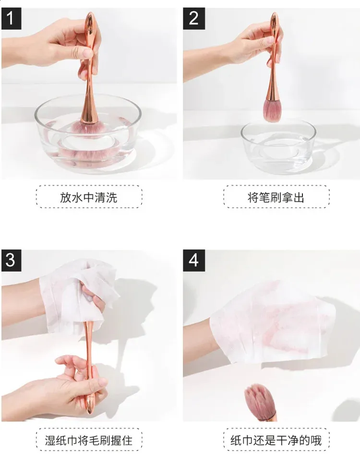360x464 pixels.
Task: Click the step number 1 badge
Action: [11, 18]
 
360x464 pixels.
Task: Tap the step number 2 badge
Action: [194, 18]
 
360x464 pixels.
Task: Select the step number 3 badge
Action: [11, 261]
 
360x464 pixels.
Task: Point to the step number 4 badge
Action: [194, 261]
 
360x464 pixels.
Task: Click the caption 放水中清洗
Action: [89, 197]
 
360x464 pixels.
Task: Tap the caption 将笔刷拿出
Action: [276, 197]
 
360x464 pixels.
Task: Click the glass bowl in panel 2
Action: [278, 147]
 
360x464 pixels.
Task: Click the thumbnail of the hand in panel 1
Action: [88, 53]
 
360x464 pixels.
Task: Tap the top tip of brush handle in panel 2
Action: [274, 13]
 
